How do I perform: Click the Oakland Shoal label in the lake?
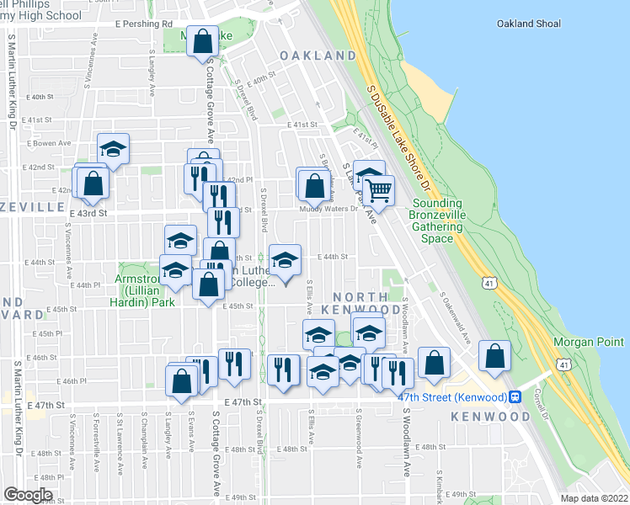click(528, 24)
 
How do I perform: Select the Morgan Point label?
click(589, 343)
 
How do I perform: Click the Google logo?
click(28, 495)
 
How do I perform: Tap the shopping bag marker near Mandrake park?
click(204, 40)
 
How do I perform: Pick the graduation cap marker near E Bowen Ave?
click(113, 149)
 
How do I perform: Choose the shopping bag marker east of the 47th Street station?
click(494, 356)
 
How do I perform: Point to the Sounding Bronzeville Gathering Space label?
click(437, 221)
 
